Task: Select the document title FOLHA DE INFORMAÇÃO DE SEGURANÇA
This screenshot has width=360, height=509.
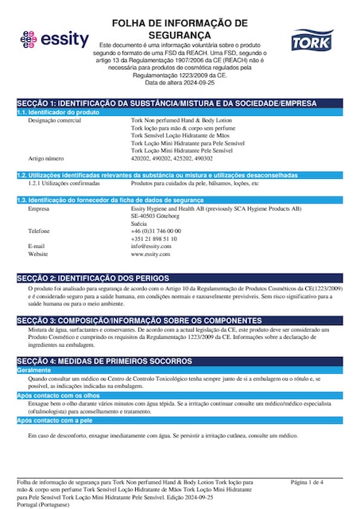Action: [180, 29]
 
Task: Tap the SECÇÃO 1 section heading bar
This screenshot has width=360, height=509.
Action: [179, 103]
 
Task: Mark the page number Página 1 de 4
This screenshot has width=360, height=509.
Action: [308, 482]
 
